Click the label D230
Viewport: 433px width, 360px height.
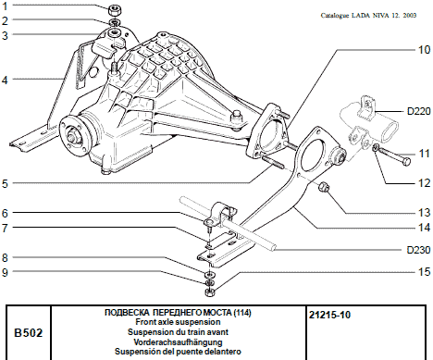417,249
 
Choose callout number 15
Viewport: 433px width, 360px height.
422,271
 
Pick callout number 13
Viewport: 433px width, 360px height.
422,186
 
